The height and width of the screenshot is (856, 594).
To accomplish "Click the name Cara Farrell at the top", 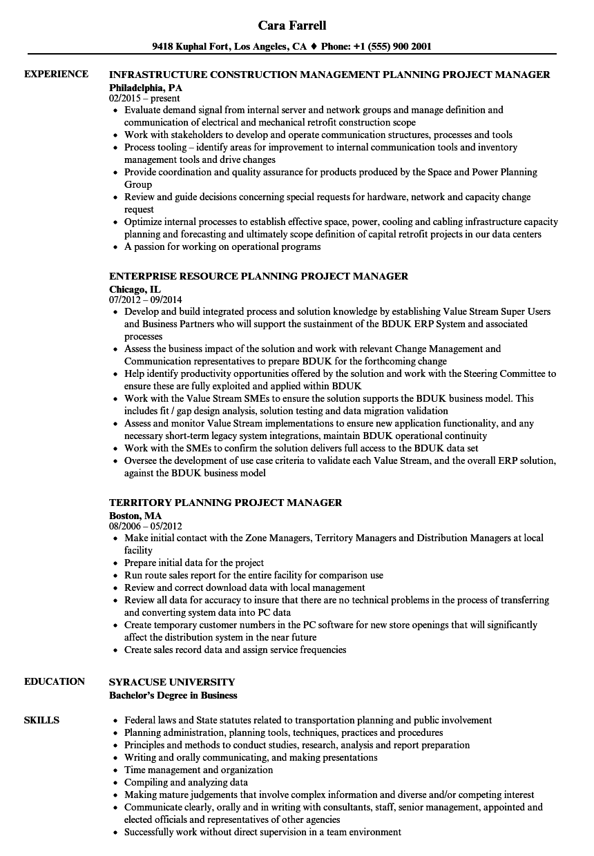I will click(x=292, y=26).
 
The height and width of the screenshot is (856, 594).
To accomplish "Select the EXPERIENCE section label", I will click(x=56, y=74).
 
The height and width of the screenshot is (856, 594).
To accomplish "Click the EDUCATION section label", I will click(x=55, y=681).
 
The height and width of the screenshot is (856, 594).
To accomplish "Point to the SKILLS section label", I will click(x=41, y=720).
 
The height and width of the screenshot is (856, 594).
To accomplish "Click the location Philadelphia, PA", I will click(x=146, y=87).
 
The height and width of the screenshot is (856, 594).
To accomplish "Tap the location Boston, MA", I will click(x=135, y=515).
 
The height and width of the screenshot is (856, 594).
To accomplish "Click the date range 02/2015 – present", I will click(x=144, y=98).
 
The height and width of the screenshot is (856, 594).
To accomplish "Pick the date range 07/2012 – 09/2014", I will click(x=146, y=300).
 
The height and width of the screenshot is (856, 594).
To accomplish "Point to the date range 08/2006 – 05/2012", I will click(x=146, y=526).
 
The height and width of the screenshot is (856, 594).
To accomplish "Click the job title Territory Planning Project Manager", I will click(x=226, y=503).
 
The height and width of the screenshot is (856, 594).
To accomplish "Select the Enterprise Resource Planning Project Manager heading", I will click(x=258, y=276).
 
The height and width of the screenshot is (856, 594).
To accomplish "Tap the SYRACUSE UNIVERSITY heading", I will click(x=172, y=681).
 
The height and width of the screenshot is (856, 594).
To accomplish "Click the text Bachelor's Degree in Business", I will click(x=173, y=695).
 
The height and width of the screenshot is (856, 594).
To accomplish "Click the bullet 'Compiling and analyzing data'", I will click(x=186, y=782).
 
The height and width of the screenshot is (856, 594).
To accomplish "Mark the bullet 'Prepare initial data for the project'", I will click(x=194, y=563).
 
